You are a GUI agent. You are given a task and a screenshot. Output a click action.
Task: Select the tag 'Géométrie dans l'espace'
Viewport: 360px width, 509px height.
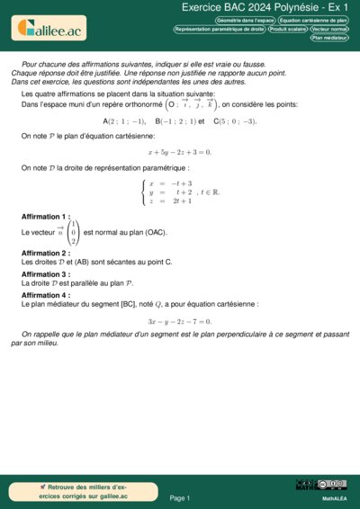point(246,19)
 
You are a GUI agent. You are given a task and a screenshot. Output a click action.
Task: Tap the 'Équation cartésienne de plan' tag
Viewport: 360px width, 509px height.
point(313,19)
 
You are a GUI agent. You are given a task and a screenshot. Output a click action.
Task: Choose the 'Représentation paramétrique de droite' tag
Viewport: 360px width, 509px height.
point(220,29)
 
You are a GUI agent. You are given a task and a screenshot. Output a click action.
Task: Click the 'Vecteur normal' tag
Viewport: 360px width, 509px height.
point(329,29)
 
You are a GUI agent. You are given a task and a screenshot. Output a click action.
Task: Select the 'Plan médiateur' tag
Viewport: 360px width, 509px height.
point(330,38)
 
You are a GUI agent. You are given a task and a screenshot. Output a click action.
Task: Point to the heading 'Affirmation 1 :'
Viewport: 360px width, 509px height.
point(45,217)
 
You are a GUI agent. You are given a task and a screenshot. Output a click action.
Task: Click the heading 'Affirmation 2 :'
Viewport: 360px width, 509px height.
point(45,253)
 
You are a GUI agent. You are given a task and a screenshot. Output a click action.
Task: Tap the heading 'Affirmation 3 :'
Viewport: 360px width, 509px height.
point(45,274)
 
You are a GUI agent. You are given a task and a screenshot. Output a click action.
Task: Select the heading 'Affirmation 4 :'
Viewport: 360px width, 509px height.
point(45,295)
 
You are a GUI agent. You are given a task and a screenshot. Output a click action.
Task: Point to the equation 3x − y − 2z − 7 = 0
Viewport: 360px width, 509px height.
point(179,321)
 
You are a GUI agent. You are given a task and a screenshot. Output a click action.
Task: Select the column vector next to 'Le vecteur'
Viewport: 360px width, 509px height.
point(73,231)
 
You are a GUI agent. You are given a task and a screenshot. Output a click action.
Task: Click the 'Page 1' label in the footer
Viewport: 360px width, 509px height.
point(179,497)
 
